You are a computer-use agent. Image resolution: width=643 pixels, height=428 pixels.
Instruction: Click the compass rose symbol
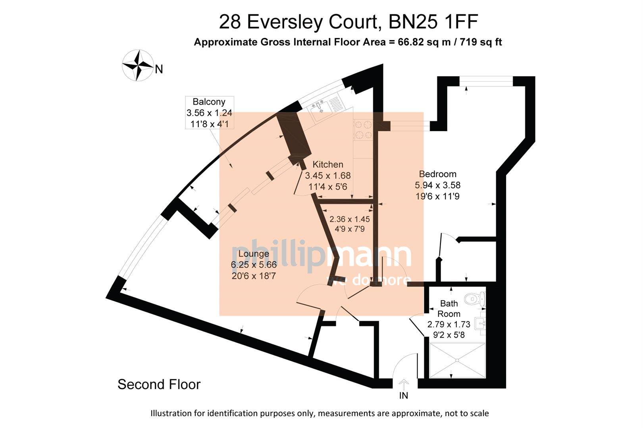pyautogui.click(x=138, y=65)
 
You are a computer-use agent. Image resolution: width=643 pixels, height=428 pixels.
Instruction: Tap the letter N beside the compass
pyautogui.click(x=159, y=70)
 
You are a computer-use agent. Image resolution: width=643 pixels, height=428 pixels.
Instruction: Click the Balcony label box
pyautogui.click(x=209, y=113)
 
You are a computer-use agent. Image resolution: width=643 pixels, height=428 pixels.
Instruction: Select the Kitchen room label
pyautogui.click(x=327, y=164)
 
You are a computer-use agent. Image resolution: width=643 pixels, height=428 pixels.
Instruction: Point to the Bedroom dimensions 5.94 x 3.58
pyautogui.click(x=437, y=185)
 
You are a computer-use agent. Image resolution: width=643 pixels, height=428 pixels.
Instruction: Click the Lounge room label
pyautogui.click(x=254, y=254)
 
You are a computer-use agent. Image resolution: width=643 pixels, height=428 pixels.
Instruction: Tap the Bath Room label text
pyautogui.click(x=449, y=309)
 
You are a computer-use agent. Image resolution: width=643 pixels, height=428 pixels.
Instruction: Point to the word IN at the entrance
pyautogui.click(x=403, y=396)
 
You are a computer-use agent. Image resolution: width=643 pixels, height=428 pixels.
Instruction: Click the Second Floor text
pyautogui.click(x=159, y=384)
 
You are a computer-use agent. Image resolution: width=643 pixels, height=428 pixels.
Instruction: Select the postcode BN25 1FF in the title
pyautogui.click(x=433, y=22)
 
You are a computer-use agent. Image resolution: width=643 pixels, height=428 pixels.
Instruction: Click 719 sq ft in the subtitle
pyautogui.click(x=481, y=42)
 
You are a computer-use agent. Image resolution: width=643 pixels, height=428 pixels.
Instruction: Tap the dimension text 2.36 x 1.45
pyautogui.click(x=350, y=219)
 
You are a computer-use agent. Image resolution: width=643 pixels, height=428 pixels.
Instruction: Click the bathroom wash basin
pyautogui.click(x=481, y=323)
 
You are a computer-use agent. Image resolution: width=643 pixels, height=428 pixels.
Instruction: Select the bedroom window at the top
pyautogui.click(x=486, y=81)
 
